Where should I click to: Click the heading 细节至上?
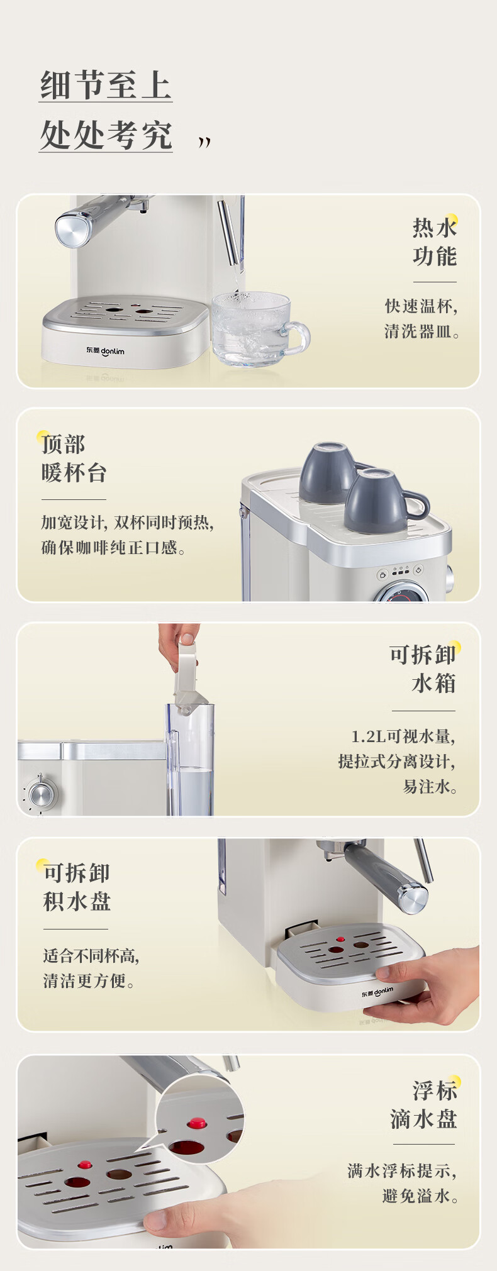tap(106, 85)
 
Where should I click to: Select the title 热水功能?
tap(434, 242)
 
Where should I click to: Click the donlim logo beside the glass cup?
tap(105, 350)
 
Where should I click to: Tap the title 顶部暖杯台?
tap(74, 458)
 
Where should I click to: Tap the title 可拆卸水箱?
tap(423, 669)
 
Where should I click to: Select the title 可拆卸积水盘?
tap(77, 887)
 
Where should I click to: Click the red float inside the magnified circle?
tap(197, 1122)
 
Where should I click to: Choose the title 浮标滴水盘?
tap(423, 1105)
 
